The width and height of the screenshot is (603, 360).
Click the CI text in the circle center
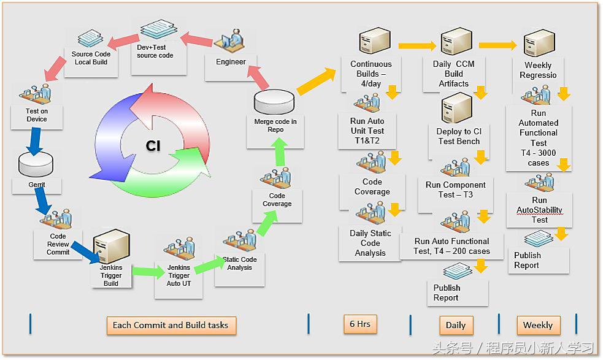click(153, 145)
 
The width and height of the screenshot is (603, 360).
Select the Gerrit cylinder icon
click(36, 163)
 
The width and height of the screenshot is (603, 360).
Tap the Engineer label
click(231, 62)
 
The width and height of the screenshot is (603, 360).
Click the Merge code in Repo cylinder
click(275, 101)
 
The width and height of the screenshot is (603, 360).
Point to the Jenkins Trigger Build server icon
click(112, 245)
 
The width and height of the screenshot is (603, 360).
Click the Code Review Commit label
click(58, 244)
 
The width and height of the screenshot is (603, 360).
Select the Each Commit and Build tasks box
click(171, 325)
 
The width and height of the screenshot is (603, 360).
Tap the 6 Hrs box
click(360, 324)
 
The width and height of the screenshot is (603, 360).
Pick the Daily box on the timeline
click(456, 325)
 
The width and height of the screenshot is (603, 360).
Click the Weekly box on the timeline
click(538, 325)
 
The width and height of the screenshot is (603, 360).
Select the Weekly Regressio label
click(538, 71)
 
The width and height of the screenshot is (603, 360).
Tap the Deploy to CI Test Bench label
click(459, 136)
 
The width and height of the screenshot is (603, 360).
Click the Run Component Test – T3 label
click(456, 190)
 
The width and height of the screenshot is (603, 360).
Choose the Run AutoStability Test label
click(540, 210)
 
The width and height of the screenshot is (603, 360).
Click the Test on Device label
click(36, 115)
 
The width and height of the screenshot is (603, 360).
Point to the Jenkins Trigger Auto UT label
click(179, 276)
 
